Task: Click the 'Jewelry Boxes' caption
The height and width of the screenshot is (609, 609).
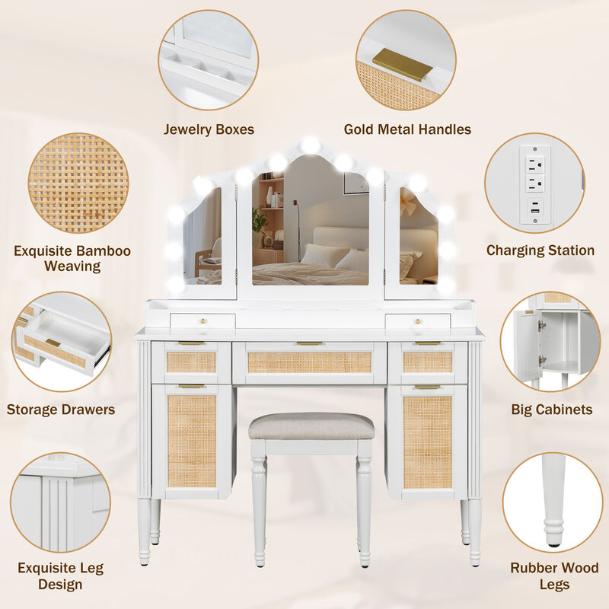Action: (209, 129)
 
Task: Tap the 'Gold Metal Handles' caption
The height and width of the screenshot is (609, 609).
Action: (407, 129)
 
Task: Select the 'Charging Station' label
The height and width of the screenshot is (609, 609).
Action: (540, 250)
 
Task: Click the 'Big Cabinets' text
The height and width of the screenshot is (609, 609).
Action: (551, 410)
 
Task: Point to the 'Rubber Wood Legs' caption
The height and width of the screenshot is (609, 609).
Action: (554, 576)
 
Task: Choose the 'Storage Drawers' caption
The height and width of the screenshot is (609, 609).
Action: (61, 410)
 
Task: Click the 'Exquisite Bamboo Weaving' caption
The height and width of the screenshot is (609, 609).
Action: (72, 258)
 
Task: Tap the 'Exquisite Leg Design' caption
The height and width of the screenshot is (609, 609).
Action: (60, 576)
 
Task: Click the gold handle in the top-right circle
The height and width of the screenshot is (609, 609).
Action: (402, 65)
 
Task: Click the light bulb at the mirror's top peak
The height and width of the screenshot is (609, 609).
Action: (310, 145)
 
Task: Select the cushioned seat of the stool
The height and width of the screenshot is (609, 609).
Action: (311, 426)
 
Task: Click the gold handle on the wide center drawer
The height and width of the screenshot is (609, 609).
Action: (309, 343)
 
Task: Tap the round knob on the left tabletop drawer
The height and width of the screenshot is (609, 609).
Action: (202, 320)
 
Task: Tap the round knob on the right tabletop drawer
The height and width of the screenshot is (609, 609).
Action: (417, 320)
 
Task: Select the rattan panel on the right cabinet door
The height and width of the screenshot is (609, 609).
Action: (427, 441)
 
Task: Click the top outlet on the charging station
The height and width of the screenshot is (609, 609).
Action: (535, 162)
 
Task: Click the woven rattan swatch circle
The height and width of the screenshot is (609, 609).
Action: (78, 183)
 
